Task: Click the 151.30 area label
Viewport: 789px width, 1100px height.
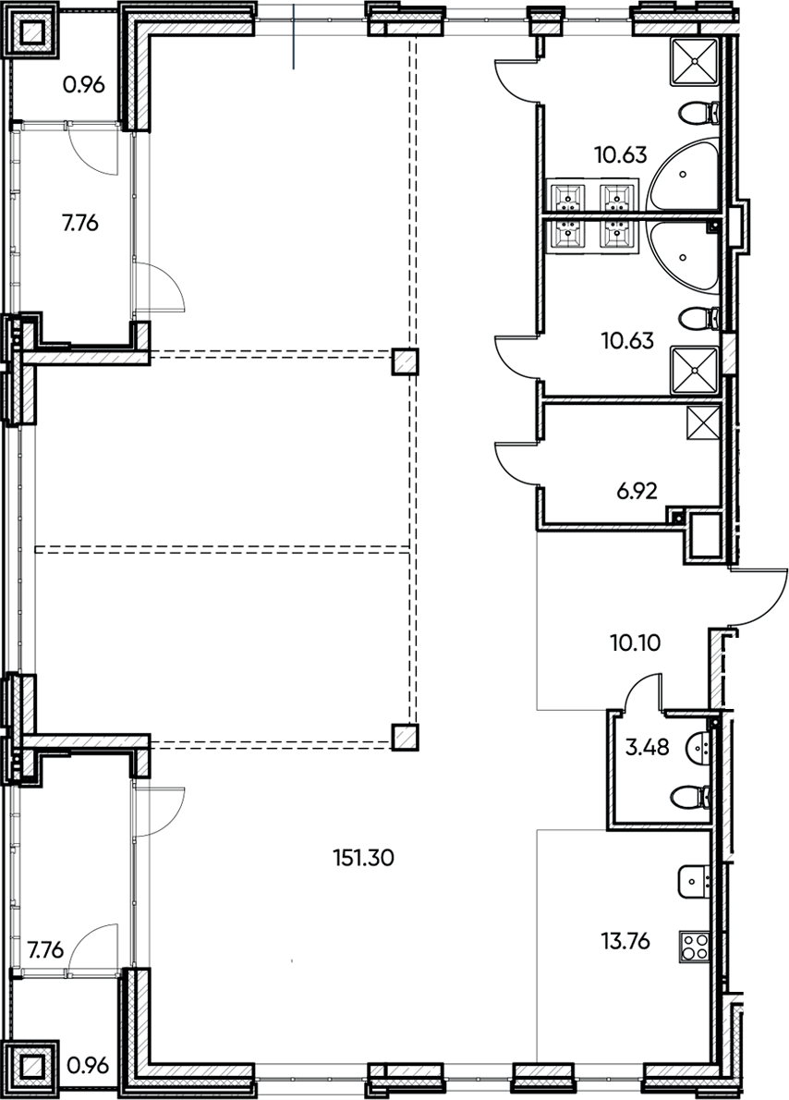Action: pos(363,858)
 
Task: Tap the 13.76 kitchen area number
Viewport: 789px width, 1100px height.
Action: pos(625,942)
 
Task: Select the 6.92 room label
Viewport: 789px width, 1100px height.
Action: pos(636,490)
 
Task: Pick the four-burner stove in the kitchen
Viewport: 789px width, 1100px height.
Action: pos(695,945)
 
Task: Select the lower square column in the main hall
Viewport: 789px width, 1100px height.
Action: pos(404,737)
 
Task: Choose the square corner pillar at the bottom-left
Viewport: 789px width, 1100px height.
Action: pos(34,1068)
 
